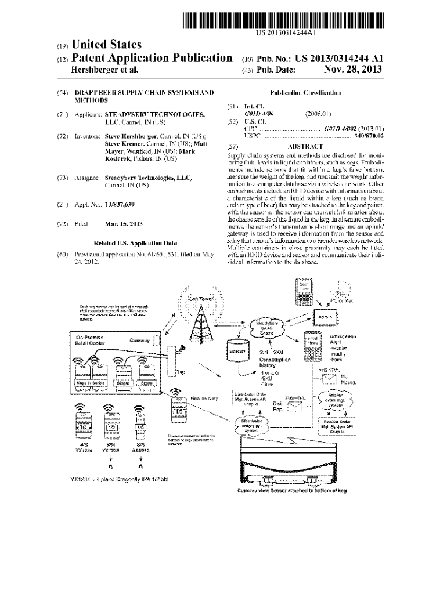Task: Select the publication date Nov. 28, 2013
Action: (354, 69)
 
